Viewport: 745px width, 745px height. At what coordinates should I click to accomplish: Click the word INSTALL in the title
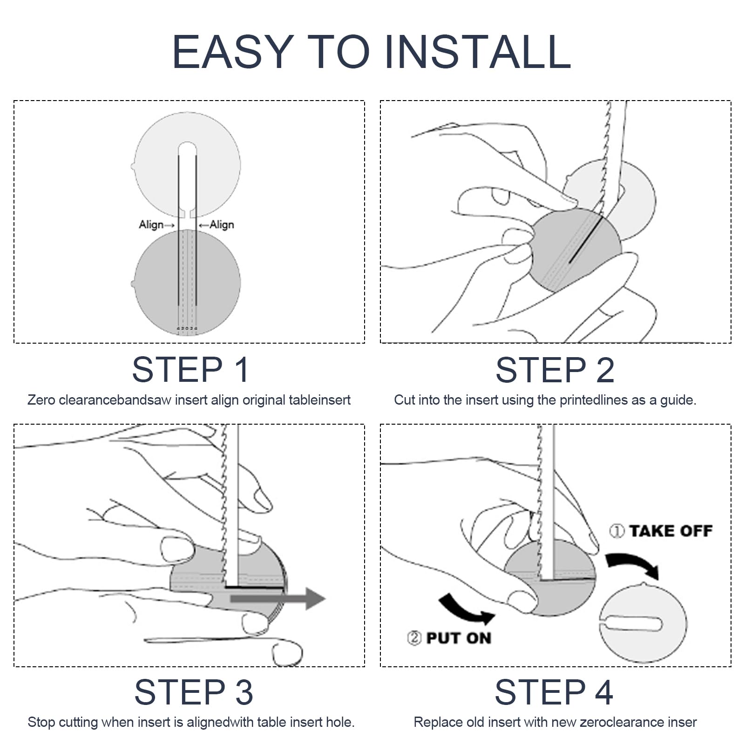click(478, 52)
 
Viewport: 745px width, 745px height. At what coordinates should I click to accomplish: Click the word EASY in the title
click(233, 52)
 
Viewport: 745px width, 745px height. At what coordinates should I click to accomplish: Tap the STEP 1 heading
click(190, 370)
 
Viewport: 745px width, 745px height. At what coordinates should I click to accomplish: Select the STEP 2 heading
click(555, 370)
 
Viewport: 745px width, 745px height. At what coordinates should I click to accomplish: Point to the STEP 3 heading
click(194, 692)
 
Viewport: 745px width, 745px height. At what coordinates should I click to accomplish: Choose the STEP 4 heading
click(554, 692)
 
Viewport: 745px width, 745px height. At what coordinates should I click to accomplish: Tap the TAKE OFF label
click(671, 531)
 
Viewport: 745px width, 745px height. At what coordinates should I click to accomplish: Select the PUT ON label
click(459, 638)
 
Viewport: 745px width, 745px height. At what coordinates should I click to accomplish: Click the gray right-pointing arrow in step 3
click(278, 598)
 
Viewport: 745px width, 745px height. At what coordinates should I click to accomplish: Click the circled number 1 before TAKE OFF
click(617, 531)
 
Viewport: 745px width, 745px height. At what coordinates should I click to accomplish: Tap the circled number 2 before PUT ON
click(414, 638)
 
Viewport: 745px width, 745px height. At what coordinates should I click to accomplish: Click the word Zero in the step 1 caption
click(41, 400)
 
